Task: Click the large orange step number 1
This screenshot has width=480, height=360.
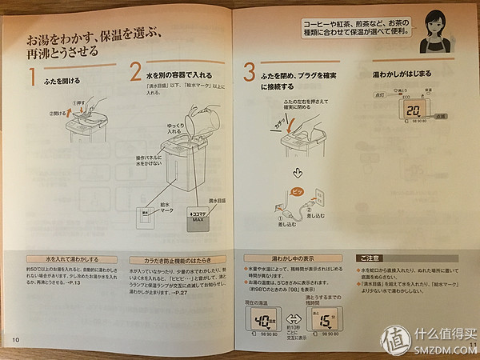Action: point(33,78)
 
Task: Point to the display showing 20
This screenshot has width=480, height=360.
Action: point(414,111)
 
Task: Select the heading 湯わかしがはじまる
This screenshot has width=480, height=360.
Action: point(401,74)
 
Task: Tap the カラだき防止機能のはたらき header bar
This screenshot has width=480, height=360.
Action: point(178,259)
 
